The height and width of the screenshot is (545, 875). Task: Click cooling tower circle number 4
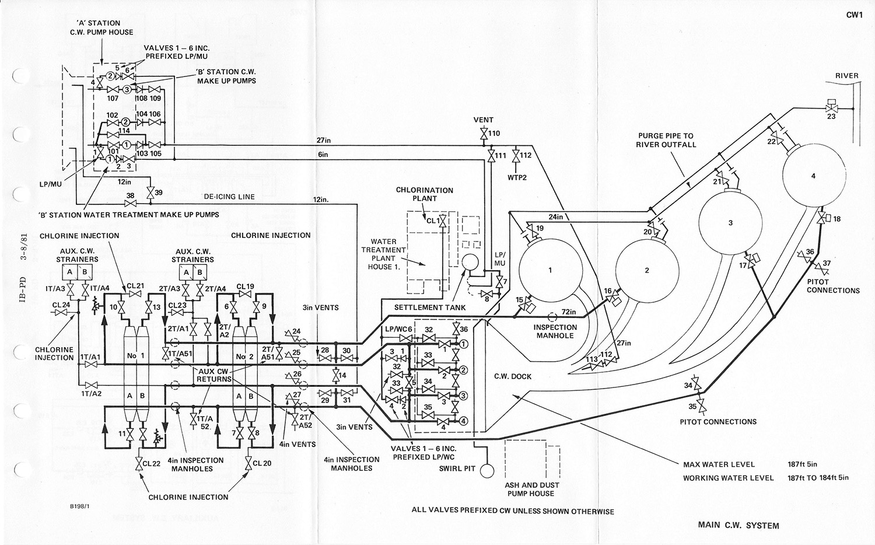click(x=814, y=176)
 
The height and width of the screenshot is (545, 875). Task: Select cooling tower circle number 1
click(x=549, y=270)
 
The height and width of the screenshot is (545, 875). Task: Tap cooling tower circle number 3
click(x=730, y=223)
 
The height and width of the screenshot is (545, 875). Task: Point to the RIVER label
click(x=846, y=76)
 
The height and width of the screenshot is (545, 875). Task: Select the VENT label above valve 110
click(x=483, y=120)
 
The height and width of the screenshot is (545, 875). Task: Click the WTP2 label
click(x=516, y=177)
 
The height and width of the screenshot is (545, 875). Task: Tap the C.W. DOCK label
click(x=513, y=376)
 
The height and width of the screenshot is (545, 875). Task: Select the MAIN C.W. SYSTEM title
click(x=738, y=525)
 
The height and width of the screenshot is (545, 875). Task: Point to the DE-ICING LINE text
click(x=229, y=197)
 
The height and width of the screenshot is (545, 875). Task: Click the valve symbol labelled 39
click(x=150, y=193)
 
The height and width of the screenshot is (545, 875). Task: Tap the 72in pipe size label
click(x=569, y=312)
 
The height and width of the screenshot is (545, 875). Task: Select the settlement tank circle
click(x=468, y=263)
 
